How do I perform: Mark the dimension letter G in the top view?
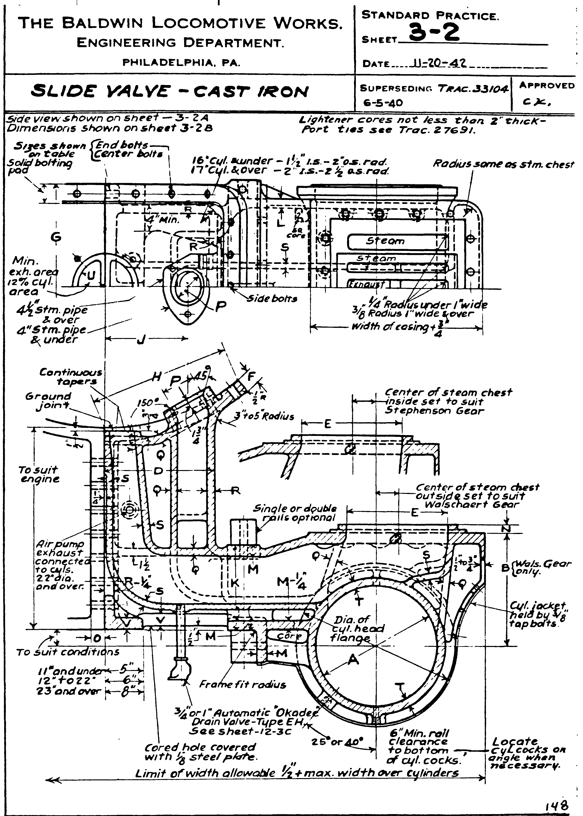tap(56, 237)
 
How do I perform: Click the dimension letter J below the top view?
tap(140, 339)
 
